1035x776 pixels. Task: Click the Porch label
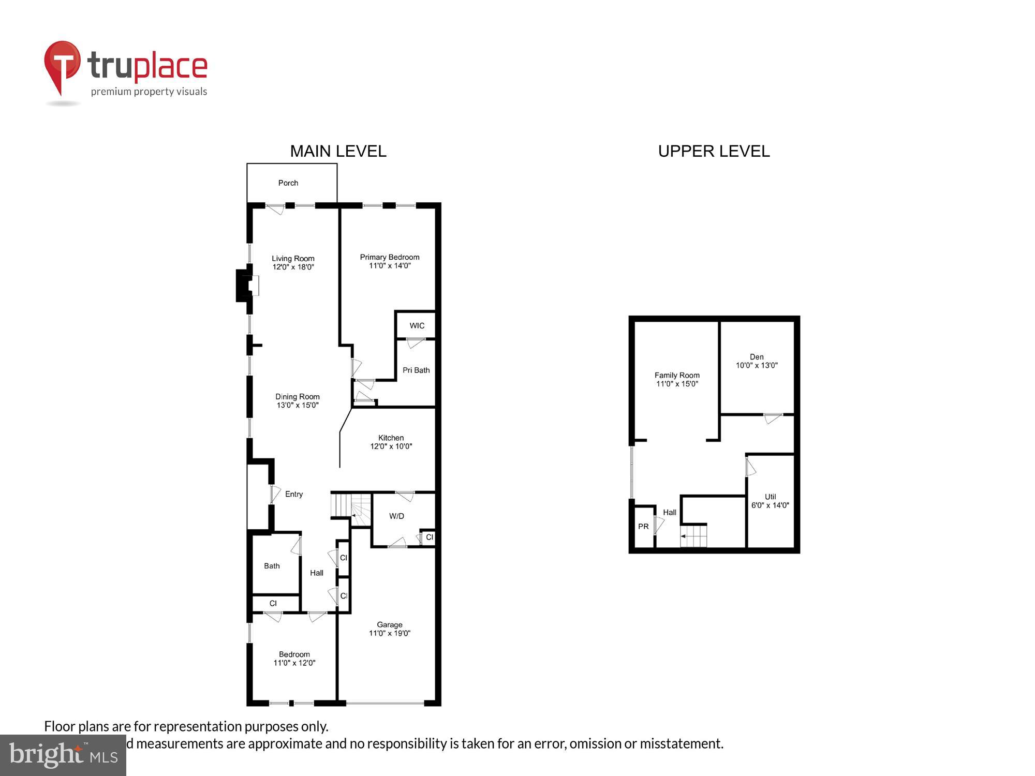tap(288, 183)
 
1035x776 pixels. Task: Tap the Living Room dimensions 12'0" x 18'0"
tap(293, 267)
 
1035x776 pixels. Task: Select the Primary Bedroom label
tap(390, 257)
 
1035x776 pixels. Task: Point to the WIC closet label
tap(417, 325)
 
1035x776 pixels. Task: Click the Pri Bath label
tap(416, 370)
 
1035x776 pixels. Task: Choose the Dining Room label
tap(298, 397)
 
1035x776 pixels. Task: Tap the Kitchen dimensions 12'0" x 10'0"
tap(391, 446)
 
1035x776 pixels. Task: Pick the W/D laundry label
tap(397, 516)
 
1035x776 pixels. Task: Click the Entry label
tap(294, 494)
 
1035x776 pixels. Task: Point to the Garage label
tap(390, 624)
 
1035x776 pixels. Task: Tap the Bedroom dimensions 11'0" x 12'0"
tap(294, 663)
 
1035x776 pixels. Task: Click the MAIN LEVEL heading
tap(338, 151)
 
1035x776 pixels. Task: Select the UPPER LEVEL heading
tap(714, 151)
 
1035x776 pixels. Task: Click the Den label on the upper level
tap(757, 356)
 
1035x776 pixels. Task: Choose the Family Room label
tap(677, 375)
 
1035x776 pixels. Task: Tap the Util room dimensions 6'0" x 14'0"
tap(770, 505)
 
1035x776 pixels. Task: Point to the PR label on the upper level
tap(643, 526)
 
